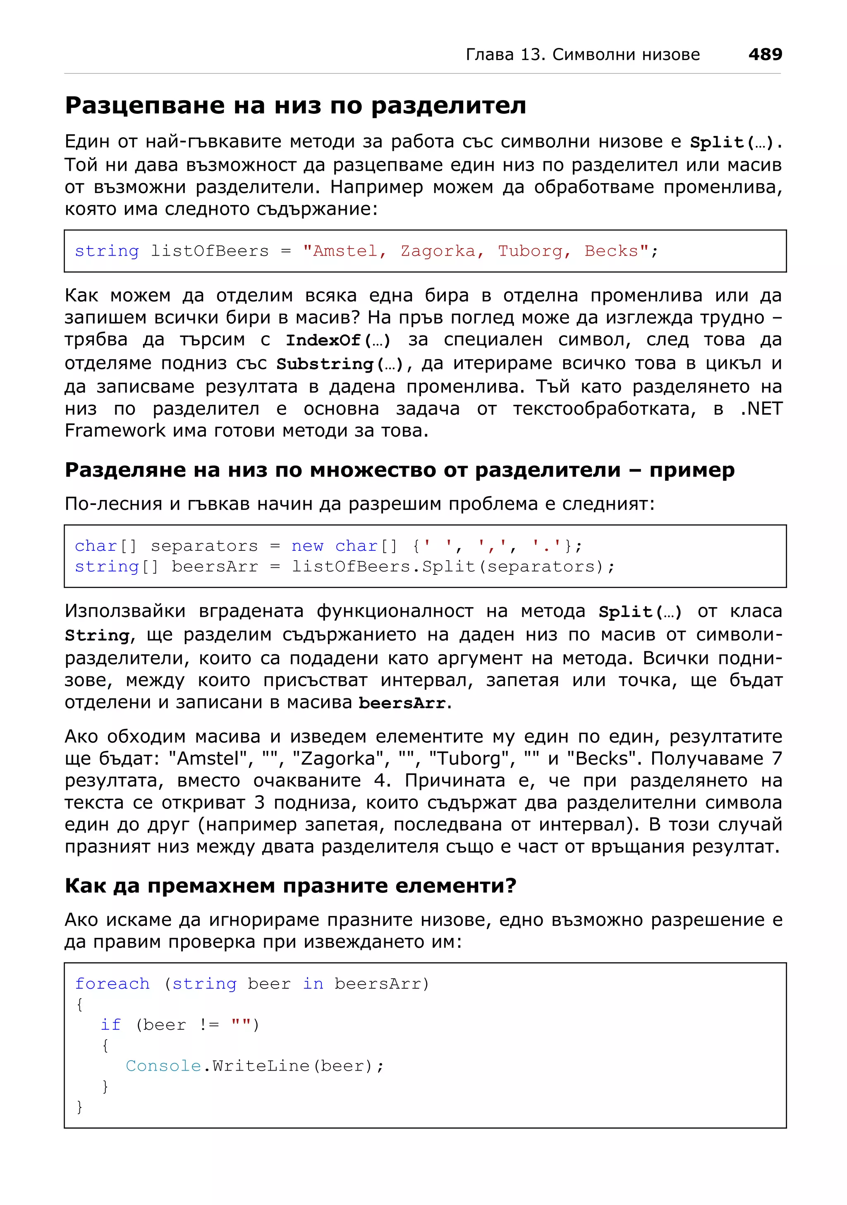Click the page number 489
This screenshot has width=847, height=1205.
765,54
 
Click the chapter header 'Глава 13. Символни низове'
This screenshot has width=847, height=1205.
582,55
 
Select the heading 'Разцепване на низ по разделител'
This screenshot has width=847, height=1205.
295,105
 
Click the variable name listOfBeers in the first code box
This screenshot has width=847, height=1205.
209,251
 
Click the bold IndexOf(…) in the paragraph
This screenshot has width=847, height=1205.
337,341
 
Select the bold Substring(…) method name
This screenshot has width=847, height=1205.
340,364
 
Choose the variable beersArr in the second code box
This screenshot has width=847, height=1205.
215,567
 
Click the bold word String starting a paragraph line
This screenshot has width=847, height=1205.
97,636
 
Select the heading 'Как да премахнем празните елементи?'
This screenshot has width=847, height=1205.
290,885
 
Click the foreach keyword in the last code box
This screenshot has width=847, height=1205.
112,983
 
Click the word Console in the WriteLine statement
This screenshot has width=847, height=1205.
164,1066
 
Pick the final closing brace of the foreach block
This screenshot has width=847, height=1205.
79,1107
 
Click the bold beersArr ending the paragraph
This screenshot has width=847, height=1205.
402,703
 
